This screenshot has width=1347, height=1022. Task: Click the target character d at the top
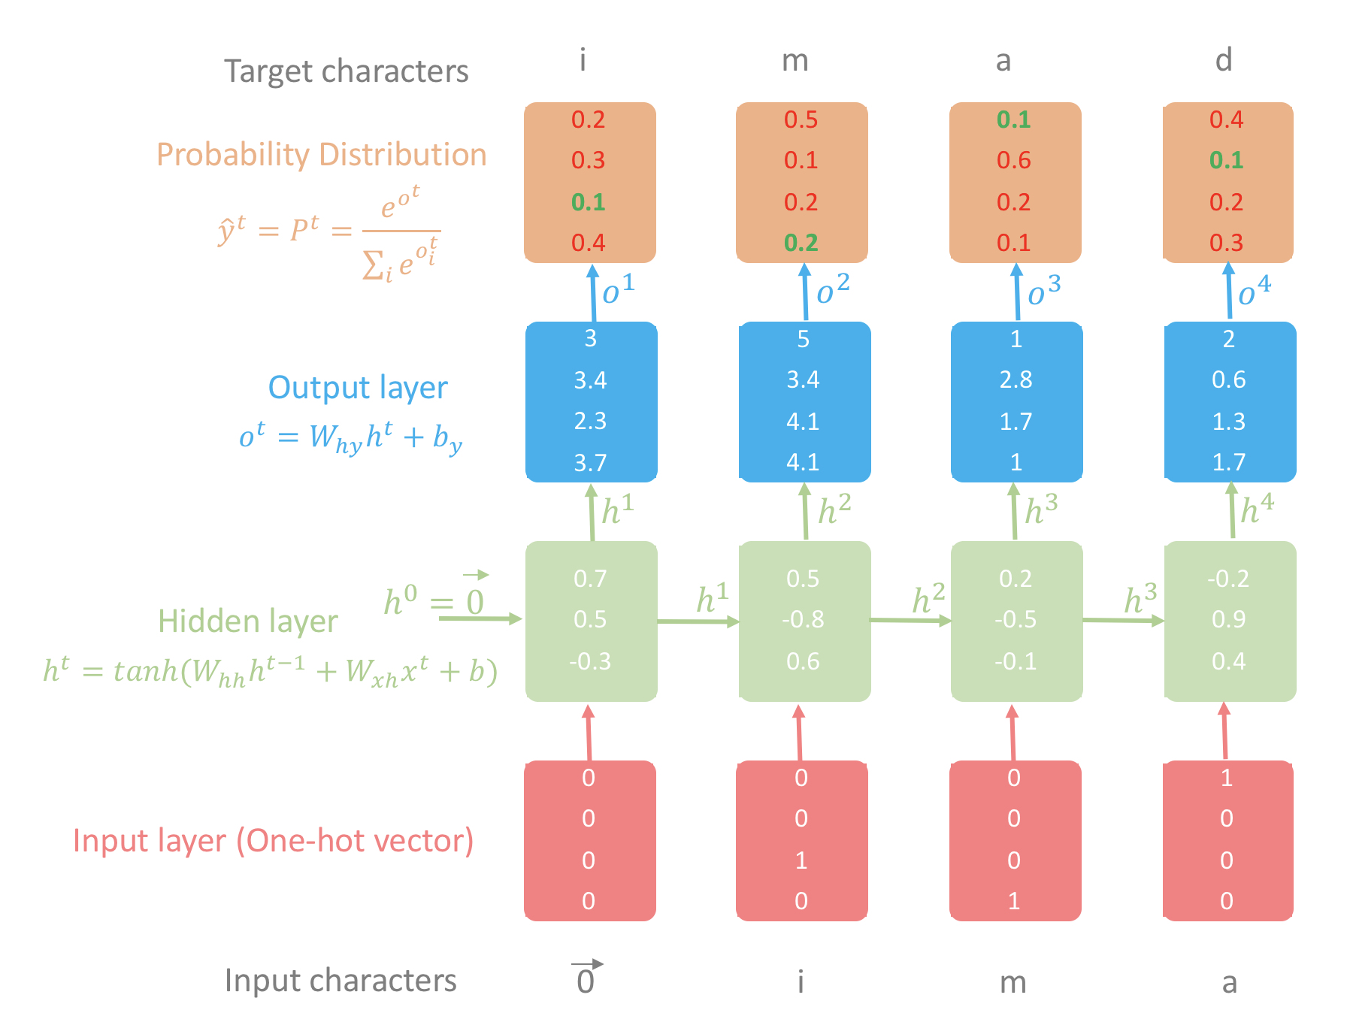click(1224, 60)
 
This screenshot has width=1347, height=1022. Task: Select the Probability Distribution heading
click(322, 155)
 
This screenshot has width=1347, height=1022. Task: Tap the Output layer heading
click(358, 388)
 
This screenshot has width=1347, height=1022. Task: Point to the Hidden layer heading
click(248, 621)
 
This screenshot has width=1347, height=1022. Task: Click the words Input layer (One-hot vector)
click(273, 840)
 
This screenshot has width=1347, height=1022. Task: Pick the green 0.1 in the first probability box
click(588, 202)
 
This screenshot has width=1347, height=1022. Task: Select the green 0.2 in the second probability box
click(801, 243)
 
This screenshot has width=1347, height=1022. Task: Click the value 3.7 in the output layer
click(590, 463)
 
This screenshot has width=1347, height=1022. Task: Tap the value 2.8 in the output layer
click(1016, 380)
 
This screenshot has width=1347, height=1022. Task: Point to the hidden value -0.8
click(803, 620)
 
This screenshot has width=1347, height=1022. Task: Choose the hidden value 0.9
click(1228, 620)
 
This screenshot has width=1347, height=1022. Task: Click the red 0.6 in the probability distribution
click(1014, 161)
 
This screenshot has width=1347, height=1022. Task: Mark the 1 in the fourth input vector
click(1227, 779)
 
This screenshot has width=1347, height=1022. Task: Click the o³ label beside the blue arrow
click(1044, 292)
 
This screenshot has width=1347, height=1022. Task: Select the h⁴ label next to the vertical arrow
click(1257, 509)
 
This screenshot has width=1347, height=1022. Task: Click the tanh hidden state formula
click(271, 670)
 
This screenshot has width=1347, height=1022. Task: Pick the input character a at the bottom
click(1229, 982)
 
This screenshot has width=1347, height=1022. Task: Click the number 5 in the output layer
click(803, 340)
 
